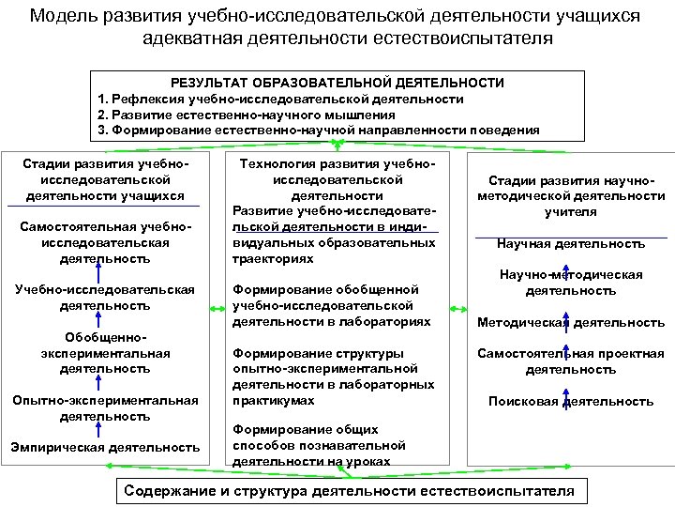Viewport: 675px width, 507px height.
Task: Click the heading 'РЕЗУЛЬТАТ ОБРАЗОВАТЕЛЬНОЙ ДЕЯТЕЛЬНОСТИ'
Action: pos(337,83)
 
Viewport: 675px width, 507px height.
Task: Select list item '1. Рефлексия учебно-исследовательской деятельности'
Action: pos(280,99)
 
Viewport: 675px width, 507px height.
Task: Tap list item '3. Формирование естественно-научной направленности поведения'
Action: pos(319,131)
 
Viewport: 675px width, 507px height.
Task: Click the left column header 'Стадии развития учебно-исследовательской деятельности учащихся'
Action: pos(104,179)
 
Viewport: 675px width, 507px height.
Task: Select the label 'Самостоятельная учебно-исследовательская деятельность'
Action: pos(104,241)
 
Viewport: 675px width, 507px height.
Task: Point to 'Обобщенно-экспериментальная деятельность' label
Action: pos(105,352)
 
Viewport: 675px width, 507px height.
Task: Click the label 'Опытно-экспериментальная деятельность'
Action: pos(105,407)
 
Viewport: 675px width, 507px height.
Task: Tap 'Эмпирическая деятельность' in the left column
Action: pos(105,447)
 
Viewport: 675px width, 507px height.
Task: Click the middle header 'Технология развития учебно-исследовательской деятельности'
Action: pos(333,179)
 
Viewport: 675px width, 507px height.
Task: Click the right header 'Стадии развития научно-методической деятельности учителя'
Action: pos(571,196)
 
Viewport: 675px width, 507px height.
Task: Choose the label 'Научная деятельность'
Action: pos(571,243)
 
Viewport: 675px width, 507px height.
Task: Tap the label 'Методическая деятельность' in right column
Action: pos(571,322)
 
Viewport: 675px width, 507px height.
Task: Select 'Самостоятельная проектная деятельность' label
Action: pos(571,361)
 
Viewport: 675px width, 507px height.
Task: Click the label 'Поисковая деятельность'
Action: pos(571,401)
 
